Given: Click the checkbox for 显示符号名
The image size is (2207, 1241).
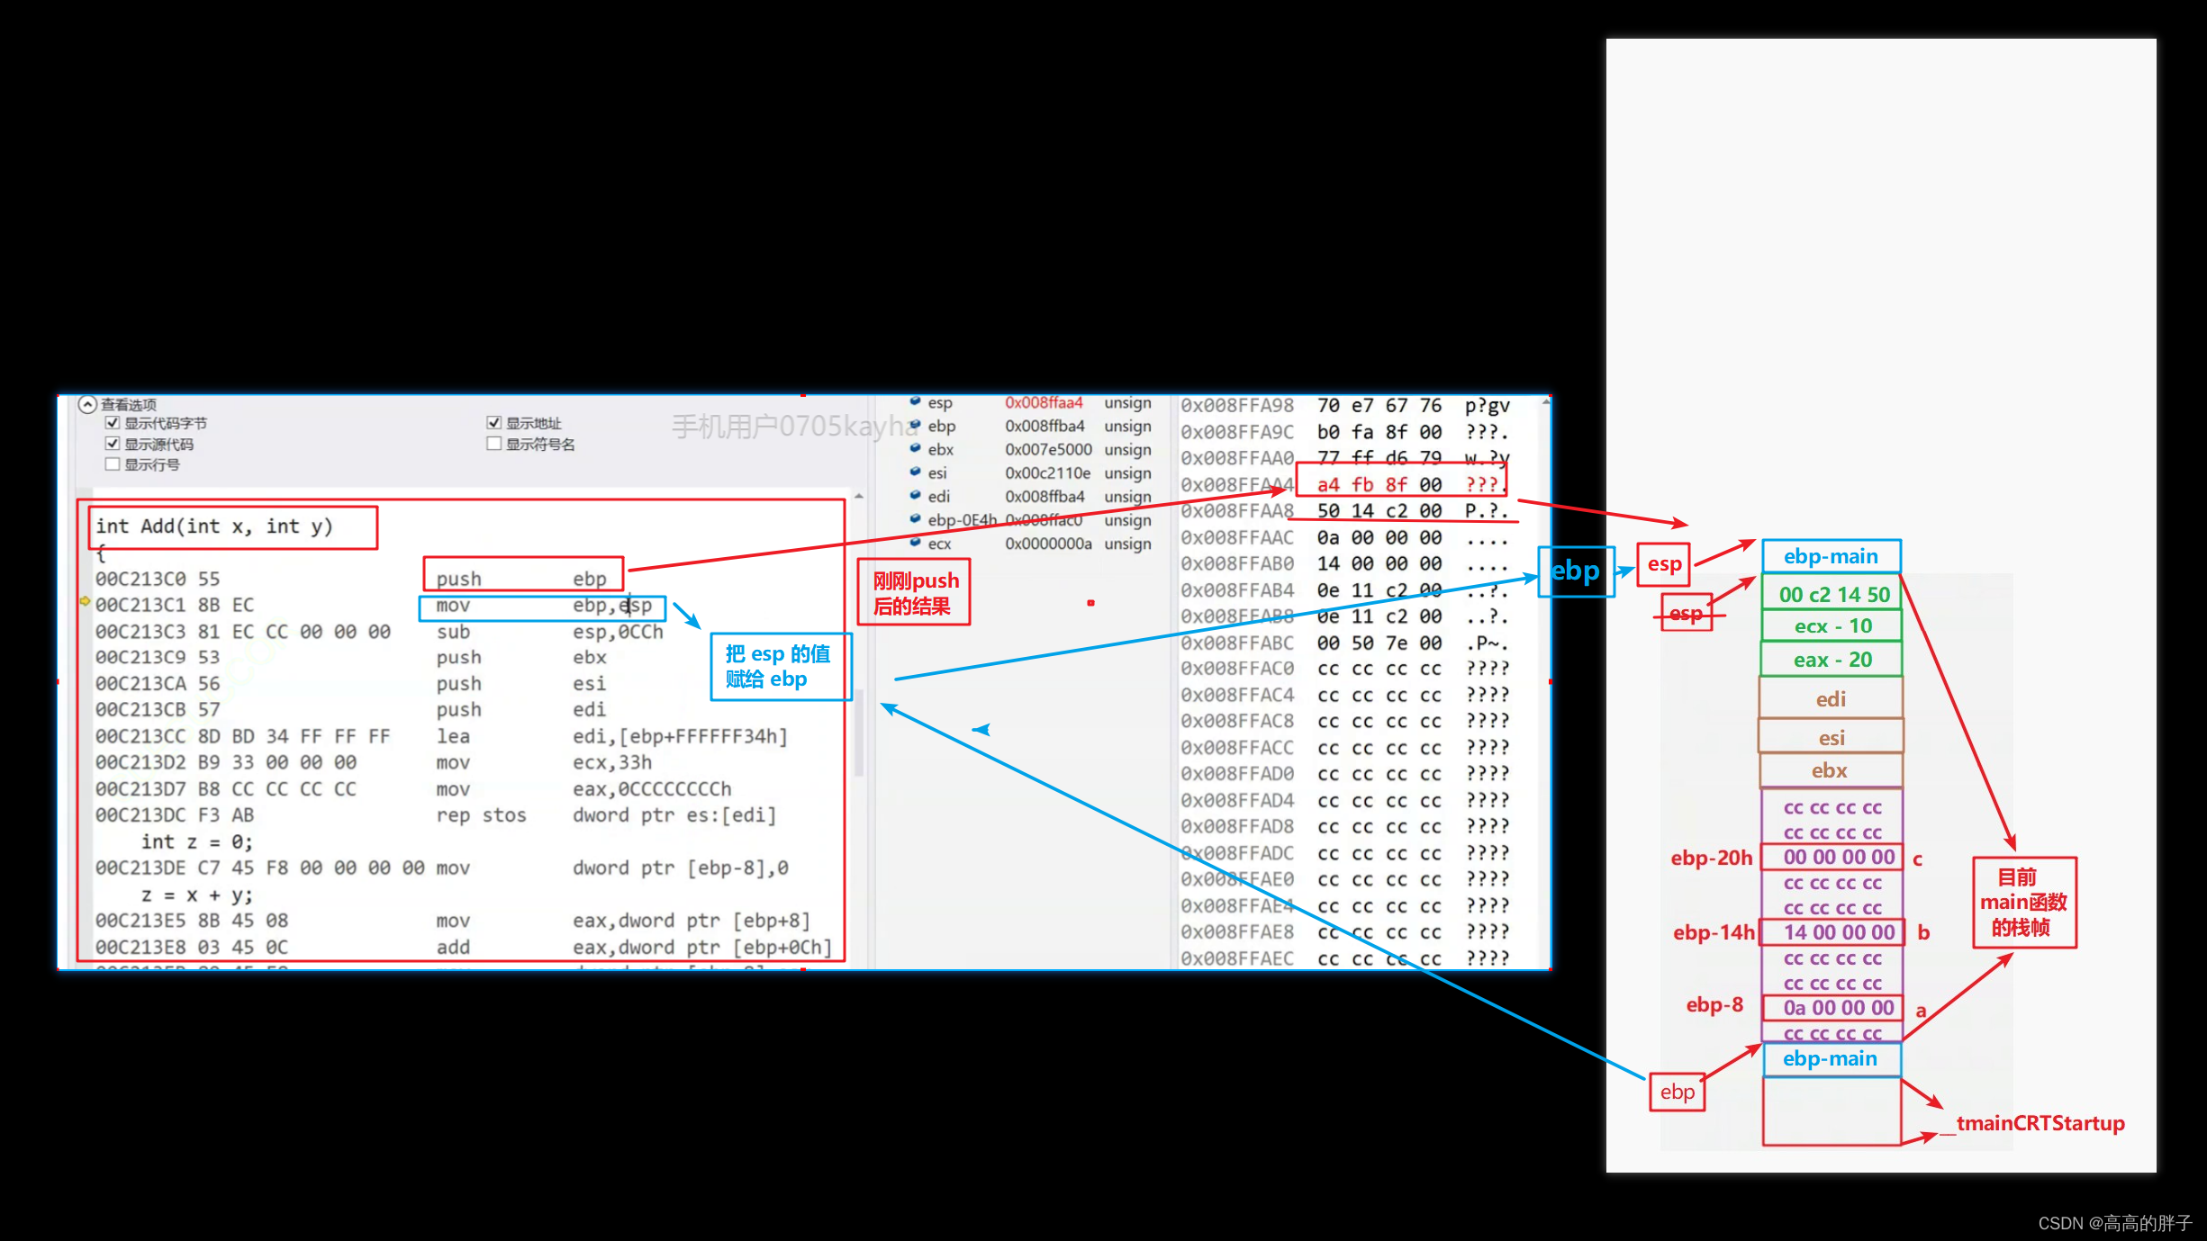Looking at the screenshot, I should point(493,444).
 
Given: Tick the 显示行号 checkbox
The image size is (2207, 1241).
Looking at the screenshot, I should point(113,464).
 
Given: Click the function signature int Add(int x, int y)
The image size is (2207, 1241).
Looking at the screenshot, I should point(214,526).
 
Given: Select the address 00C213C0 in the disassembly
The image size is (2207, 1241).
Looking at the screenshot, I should point(140,579).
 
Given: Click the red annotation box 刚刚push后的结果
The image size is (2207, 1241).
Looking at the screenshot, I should point(914,593).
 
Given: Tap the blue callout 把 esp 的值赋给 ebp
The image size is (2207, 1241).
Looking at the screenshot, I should point(779,667).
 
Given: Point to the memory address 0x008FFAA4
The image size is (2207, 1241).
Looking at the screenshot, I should point(1236,485).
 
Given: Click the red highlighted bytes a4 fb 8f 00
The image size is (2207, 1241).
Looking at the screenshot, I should point(1379,485).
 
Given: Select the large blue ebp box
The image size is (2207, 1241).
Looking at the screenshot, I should point(1575,571).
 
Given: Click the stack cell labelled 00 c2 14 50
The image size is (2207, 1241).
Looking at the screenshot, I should point(1833,595).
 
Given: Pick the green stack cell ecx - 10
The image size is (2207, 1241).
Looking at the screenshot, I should point(1832,626).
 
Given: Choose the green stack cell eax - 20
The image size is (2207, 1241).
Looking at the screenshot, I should point(1832,660).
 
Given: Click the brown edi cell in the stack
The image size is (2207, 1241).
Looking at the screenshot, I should point(1831,699).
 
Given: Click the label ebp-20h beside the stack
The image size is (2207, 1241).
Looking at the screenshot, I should point(1711,858).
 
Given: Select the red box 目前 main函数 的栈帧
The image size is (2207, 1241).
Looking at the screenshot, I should point(2023,902).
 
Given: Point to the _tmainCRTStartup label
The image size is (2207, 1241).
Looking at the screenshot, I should point(2040,1123).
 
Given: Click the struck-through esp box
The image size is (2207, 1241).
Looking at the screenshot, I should point(1686,614).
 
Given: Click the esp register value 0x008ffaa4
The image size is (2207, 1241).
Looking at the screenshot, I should point(1044,403).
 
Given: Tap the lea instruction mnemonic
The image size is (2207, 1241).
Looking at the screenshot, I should point(453,736).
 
